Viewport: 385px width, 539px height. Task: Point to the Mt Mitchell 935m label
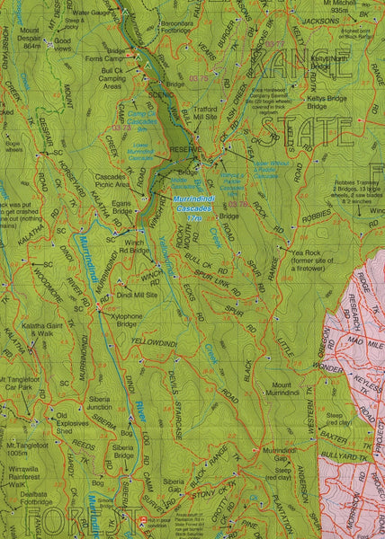(345, 6)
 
